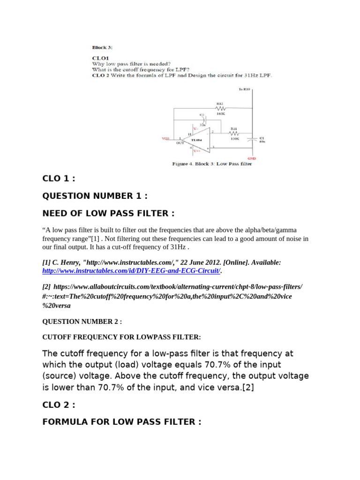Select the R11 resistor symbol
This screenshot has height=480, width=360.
point(233,133)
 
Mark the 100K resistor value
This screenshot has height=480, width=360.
point(234,139)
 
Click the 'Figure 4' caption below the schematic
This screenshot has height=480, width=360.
point(212,164)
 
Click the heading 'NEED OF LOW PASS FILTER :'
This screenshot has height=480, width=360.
point(108,213)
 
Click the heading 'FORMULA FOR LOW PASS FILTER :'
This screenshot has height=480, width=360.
point(122,421)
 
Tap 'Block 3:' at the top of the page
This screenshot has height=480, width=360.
point(102,47)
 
